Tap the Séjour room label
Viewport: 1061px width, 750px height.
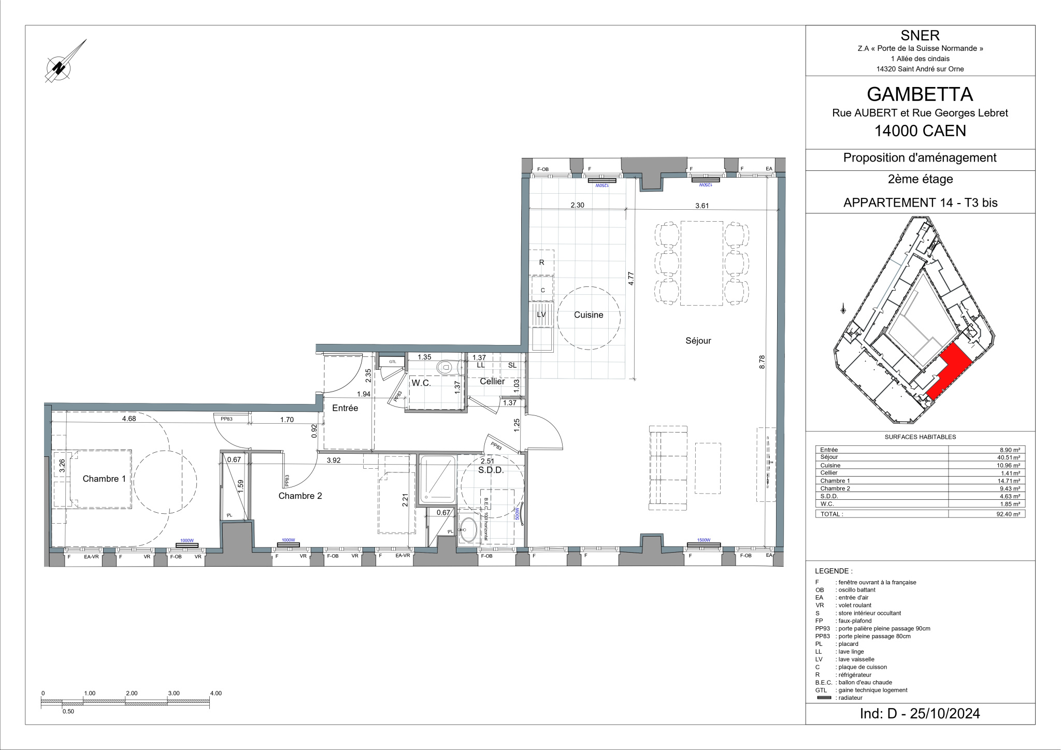[x=698, y=341]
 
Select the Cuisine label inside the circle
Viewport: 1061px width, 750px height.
[x=589, y=315]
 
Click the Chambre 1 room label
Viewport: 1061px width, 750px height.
[x=104, y=479]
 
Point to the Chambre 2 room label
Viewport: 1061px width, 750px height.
[x=300, y=496]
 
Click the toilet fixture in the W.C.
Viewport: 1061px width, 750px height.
[x=446, y=368]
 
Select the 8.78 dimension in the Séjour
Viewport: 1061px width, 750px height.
[x=762, y=362]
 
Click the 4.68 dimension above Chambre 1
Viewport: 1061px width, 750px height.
[x=129, y=419]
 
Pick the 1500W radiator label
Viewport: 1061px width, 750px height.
[x=703, y=540]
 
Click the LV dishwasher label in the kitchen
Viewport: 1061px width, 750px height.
[x=541, y=314]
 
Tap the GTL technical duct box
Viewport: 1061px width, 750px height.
[x=393, y=362]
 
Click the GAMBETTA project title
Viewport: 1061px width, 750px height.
[x=920, y=94]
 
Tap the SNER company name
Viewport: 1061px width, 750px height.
[x=920, y=35]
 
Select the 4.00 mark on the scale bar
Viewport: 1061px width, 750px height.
[x=216, y=693]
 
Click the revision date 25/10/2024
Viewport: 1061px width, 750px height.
[x=945, y=714]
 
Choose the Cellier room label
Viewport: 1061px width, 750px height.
[x=492, y=381]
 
